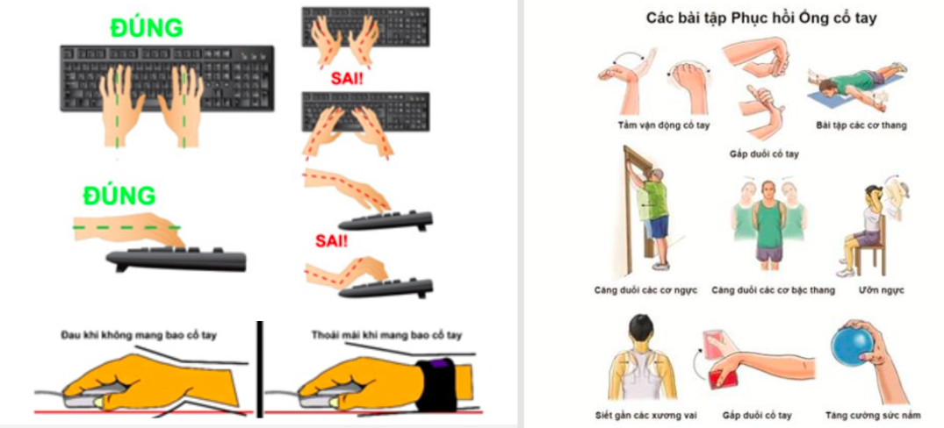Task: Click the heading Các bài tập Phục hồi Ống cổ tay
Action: click(x=761, y=18)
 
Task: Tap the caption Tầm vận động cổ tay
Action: click(x=664, y=125)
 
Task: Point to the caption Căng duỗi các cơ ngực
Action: click(x=645, y=290)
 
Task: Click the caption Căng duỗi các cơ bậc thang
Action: click(x=773, y=290)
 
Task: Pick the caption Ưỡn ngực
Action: click(x=882, y=290)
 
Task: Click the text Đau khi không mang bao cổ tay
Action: click(x=139, y=335)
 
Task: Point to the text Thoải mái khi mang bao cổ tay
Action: click(x=386, y=335)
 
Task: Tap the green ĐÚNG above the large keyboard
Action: click(x=146, y=28)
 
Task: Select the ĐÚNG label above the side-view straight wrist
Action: click(x=119, y=196)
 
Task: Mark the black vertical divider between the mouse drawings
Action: click(x=260, y=369)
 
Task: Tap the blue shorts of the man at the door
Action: click(x=659, y=227)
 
